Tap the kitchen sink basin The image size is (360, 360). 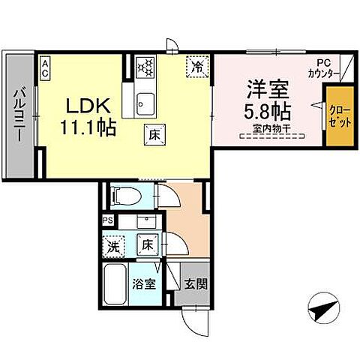point(145,100)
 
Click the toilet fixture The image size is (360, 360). point(124,197)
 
